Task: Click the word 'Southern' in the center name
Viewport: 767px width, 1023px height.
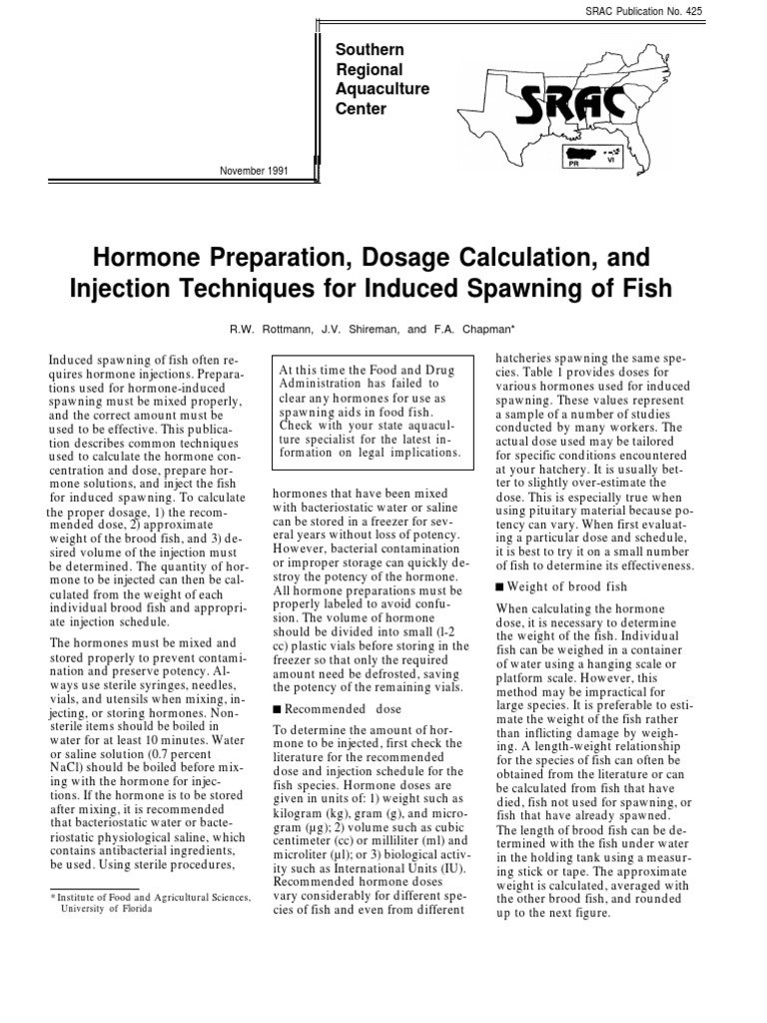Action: (x=370, y=50)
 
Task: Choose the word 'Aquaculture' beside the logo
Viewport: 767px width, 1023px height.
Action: (x=383, y=89)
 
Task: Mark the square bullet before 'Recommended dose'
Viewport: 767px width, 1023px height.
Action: (x=277, y=709)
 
